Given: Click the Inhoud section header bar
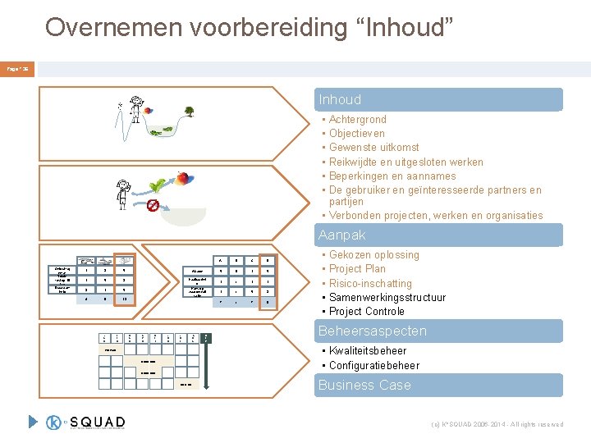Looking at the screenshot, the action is [x=440, y=99].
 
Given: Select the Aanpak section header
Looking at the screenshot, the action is [x=440, y=235].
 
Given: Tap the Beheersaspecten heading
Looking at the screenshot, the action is [x=440, y=331].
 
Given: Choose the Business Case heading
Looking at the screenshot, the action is [x=440, y=385].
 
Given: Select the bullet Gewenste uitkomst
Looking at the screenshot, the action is [x=373, y=148].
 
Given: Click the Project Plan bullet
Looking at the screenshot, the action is [x=357, y=269].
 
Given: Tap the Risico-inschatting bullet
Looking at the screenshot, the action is [x=370, y=283].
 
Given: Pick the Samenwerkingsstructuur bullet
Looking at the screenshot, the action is [x=387, y=297].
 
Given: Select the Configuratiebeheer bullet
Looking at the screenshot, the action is [x=373, y=365].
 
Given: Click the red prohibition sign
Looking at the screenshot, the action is [x=153, y=204].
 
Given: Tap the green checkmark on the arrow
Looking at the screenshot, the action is [x=153, y=186].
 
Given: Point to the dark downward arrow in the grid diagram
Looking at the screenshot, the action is [x=206, y=336].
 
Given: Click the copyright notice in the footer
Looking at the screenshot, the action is [x=497, y=424].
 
